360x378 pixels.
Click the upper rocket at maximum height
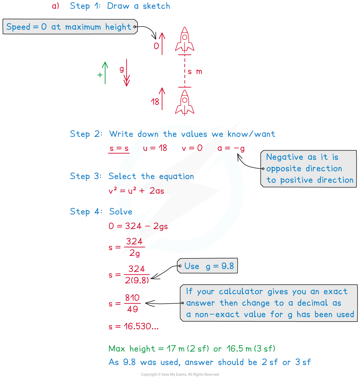pos(185,39)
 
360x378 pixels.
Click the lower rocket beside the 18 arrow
pos(185,102)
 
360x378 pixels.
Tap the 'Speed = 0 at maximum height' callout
pos(70,27)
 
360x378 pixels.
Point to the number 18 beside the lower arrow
pos(155,102)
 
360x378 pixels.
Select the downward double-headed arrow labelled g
pos(126,73)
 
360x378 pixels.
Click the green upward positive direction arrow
pos(105,72)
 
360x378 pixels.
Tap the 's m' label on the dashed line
pos(195,71)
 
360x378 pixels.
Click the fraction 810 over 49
pos(132,303)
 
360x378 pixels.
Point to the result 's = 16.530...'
pos(134,326)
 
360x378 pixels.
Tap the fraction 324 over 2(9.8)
pos(136,274)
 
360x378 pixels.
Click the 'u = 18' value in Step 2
pos(155,148)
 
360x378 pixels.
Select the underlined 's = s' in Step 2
pos(119,148)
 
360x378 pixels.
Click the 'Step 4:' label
pos(86,212)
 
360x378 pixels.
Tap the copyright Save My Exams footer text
pos(180,374)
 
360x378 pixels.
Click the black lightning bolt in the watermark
pos(183,187)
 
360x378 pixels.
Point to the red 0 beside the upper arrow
pos(156,46)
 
